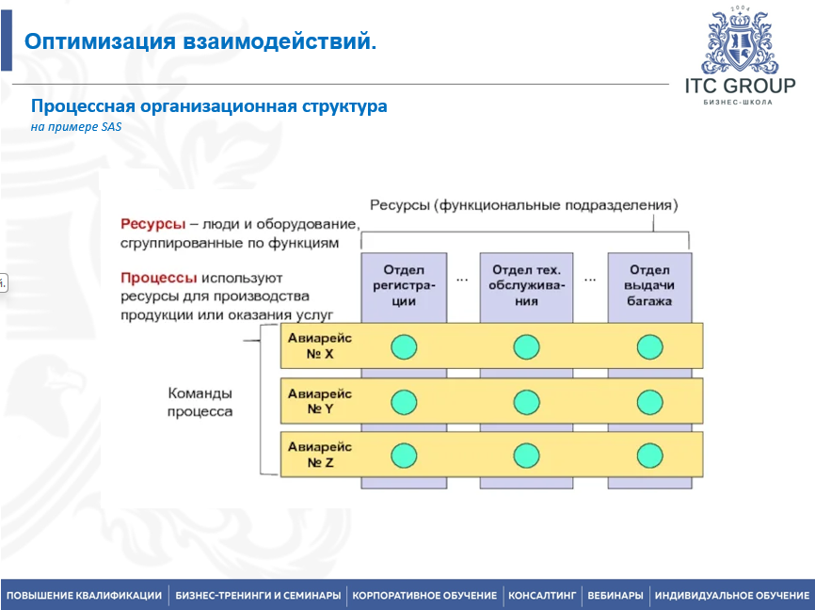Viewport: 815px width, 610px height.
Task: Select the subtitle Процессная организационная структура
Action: pos(209,106)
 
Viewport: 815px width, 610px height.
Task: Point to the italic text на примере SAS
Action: pos(76,127)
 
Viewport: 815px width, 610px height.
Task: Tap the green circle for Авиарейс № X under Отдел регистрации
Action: pos(404,347)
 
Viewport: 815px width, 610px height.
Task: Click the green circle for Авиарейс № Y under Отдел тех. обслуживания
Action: pos(526,402)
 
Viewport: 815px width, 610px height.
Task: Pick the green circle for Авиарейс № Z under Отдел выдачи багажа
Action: pos(649,456)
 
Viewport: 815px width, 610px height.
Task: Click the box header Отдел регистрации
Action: pos(404,285)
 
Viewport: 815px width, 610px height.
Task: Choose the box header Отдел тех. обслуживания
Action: pos(526,285)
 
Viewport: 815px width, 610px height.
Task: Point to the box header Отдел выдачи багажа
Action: pos(649,285)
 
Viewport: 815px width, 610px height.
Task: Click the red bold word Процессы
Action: pos(158,279)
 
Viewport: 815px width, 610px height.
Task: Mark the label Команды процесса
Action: pos(200,402)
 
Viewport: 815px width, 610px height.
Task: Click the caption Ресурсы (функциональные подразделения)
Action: pos(523,204)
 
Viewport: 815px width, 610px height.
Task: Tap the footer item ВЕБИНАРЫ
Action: pos(615,596)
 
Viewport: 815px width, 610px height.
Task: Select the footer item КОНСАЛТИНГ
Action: pos(541,596)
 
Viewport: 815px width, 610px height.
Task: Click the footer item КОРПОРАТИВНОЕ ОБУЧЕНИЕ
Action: pos(424,596)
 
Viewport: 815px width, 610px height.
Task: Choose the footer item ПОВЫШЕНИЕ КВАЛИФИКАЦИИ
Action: pos(84,596)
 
